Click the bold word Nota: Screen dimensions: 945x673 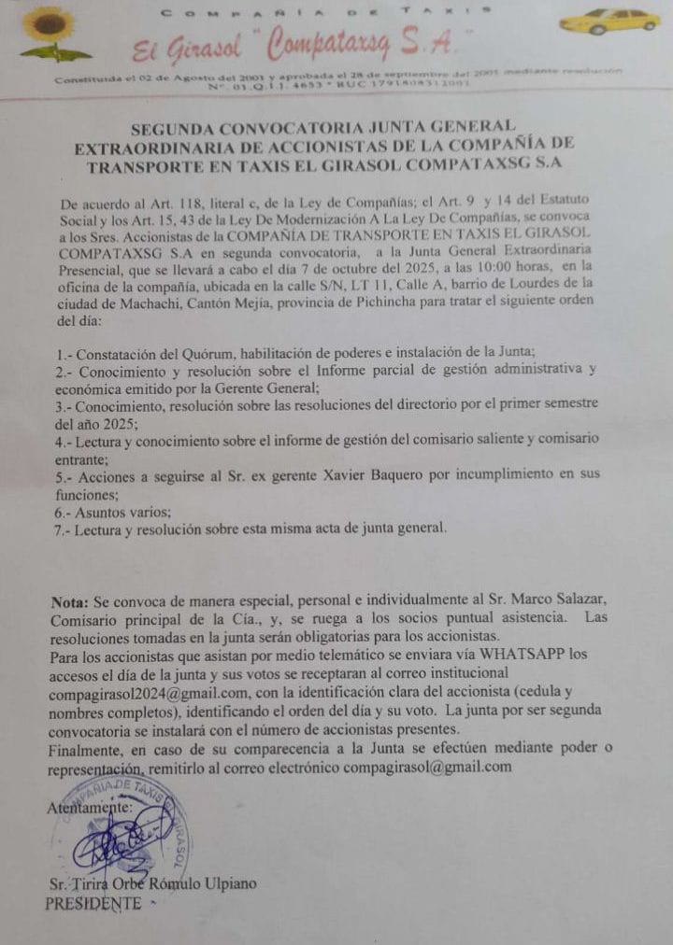(70, 601)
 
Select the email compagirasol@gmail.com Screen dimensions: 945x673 (427, 767)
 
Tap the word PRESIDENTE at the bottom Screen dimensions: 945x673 (93, 903)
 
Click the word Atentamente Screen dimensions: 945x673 (90, 809)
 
